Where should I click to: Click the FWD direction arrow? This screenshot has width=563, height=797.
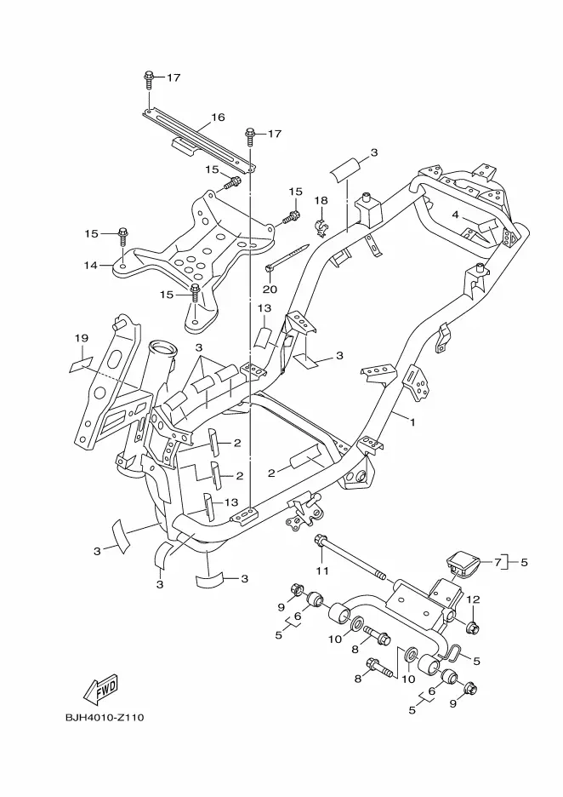click(100, 689)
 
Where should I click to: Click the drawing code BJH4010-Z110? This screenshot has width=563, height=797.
click(105, 718)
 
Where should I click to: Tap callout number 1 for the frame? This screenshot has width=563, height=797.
click(412, 421)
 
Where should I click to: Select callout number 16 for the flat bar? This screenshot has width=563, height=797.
click(218, 118)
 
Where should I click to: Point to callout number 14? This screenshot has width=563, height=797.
click(91, 265)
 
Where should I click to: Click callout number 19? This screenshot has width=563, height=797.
click(82, 338)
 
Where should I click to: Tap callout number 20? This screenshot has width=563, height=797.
click(270, 289)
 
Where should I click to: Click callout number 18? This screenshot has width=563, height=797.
click(321, 200)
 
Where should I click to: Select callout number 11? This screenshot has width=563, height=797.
click(322, 571)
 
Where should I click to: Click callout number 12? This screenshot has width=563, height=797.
click(473, 599)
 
